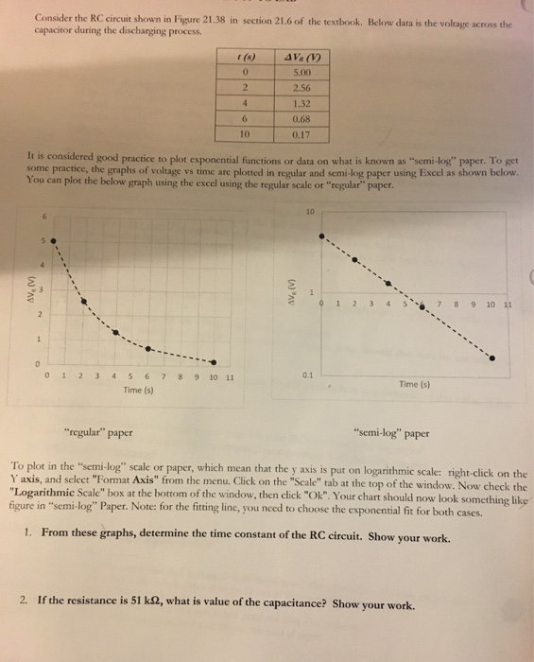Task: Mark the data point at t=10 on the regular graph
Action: pyautogui.click(x=214, y=362)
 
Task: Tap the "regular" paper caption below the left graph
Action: pyautogui.click(x=98, y=434)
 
